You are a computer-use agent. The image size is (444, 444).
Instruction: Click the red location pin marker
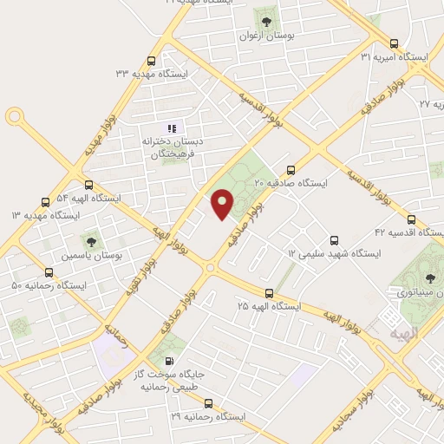click(x=223, y=204)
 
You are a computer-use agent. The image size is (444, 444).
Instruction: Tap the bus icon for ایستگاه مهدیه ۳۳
click(x=152, y=61)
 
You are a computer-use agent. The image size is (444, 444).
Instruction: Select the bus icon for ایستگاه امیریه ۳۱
click(x=395, y=43)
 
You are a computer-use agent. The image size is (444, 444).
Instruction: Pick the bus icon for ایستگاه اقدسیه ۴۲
click(x=411, y=219)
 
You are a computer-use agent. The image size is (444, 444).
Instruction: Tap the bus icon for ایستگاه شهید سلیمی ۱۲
click(x=334, y=240)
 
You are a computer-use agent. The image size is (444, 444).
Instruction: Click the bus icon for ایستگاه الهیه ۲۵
click(x=269, y=293)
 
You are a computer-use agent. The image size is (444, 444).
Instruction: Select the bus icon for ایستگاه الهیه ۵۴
click(x=88, y=185)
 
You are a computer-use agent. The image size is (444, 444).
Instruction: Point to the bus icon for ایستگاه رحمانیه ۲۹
click(x=208, y=403)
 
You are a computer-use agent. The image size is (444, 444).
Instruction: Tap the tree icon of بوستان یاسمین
click(x=89, y=240)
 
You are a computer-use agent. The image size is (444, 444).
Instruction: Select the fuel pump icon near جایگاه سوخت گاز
click(x=168, y=361)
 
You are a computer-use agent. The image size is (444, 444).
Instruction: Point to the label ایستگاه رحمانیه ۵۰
click(x=49, y=285)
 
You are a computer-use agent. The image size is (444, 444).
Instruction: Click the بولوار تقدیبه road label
click(x=140, y=277)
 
